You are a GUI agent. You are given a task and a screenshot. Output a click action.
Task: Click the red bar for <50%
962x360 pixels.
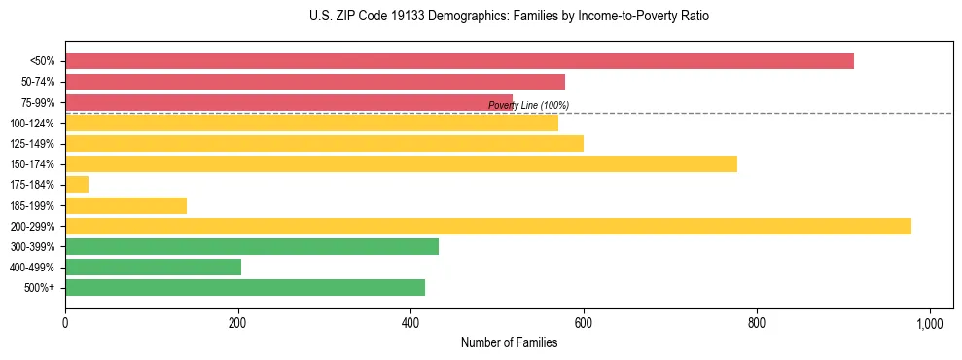[459, 61]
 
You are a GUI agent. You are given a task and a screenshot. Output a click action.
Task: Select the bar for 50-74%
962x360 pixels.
[314, 82]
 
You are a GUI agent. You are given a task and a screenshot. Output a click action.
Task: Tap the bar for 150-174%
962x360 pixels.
[401, 163]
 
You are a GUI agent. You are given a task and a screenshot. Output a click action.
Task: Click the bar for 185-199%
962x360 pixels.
[125, 205]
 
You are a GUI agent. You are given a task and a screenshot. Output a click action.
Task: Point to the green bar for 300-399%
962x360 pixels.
[251, 247]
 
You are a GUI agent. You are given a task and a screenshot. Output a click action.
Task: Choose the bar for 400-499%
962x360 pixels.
[153, 268]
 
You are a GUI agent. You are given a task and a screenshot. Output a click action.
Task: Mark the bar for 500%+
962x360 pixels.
[244, 288]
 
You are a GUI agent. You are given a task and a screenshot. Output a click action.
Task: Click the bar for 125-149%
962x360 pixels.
[324, 143]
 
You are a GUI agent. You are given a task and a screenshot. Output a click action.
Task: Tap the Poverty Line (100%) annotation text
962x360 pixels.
[528, 105]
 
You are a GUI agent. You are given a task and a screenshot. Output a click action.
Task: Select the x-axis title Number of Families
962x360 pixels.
[509, 342]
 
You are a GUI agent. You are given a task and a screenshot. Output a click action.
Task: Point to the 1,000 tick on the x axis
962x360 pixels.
[929, 322]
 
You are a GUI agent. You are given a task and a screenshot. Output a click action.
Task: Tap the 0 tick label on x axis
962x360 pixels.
[65, 322]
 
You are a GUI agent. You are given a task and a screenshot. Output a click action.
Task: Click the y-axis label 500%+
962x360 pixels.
[40, 288]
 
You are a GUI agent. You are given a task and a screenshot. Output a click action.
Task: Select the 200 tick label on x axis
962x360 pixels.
[237, 322]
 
